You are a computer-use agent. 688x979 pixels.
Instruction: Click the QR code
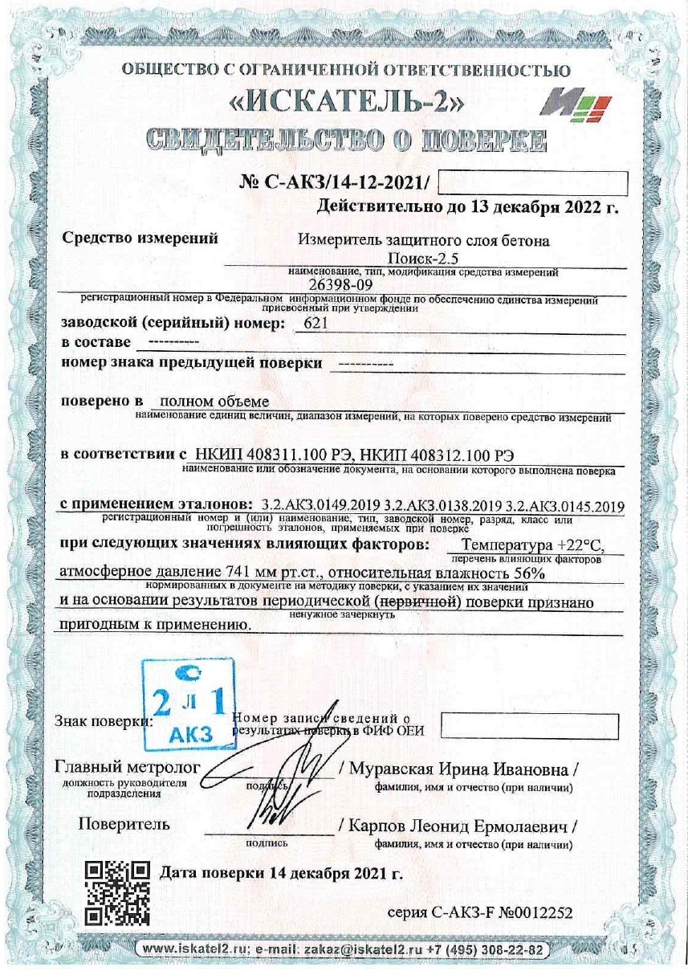pyautogui.click(x=117, y=893)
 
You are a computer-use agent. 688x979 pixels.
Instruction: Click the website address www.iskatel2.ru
pyautogui.click(x=194, y=950)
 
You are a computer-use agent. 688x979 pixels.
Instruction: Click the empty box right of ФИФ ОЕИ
pyautogui.click(x=530, y=726)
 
